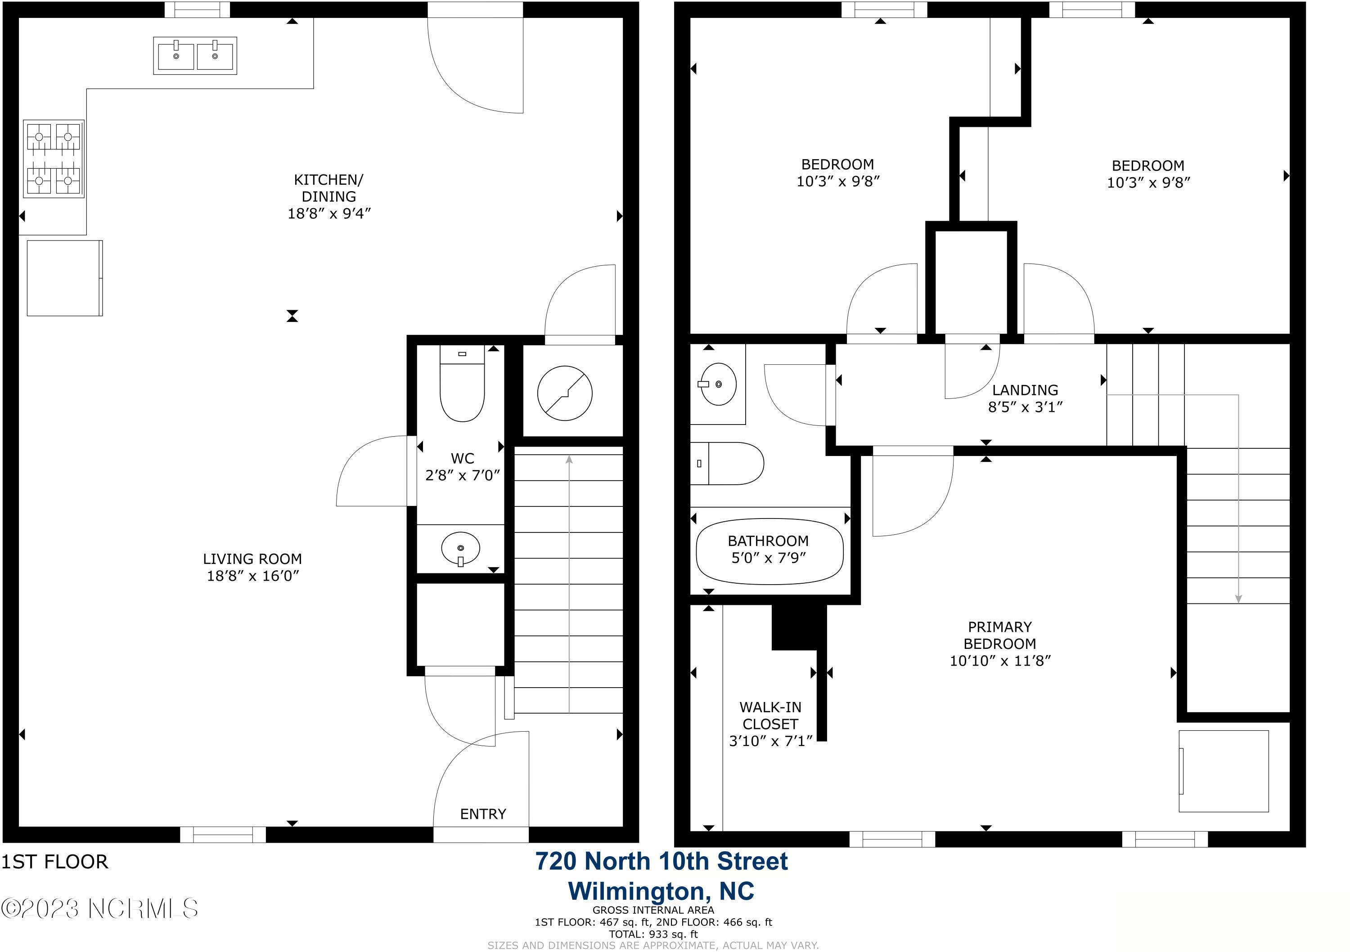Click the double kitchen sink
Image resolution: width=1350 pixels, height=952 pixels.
(x=195, y=56)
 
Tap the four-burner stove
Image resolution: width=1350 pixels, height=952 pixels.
(x=54, y=159)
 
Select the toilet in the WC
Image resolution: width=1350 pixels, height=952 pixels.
(x=462, y=383)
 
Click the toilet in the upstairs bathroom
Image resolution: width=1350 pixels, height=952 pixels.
(x=727, y=463)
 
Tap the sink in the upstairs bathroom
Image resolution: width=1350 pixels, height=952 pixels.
(x=718, y=384)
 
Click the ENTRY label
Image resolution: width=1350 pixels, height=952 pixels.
(x=483, y=814)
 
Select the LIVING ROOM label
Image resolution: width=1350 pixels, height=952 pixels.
(x=252, y=559)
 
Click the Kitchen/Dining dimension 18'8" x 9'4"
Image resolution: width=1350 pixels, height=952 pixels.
(x=329, y=213)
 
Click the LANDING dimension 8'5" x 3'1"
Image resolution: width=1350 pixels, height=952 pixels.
(x=1026, y=407)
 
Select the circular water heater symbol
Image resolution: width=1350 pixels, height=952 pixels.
(x=564, y=393)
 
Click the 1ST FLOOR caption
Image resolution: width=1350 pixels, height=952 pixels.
(x=55, y=862)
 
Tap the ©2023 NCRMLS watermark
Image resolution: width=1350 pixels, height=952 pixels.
(x=99, y=908)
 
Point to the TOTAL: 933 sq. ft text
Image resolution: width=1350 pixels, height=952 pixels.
(x=653, y=934)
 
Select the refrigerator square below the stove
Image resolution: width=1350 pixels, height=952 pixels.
(x=65, y=278)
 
